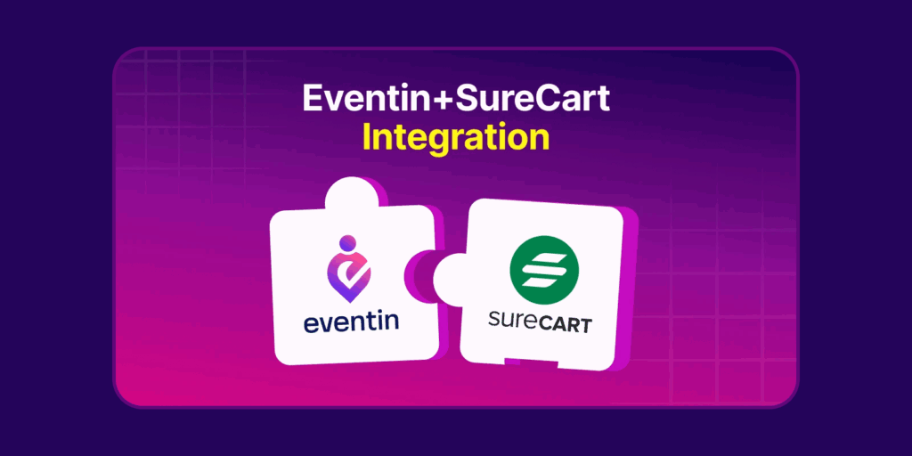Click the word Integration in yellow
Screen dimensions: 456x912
pos(455,138)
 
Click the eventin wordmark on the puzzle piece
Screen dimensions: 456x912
pos(351,322)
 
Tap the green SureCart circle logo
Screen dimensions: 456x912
pos(543,271)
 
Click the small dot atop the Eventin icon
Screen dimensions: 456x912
pos(348,242)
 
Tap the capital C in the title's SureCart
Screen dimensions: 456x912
pos(537,98)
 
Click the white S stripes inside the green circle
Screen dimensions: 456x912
pos(543,271)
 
